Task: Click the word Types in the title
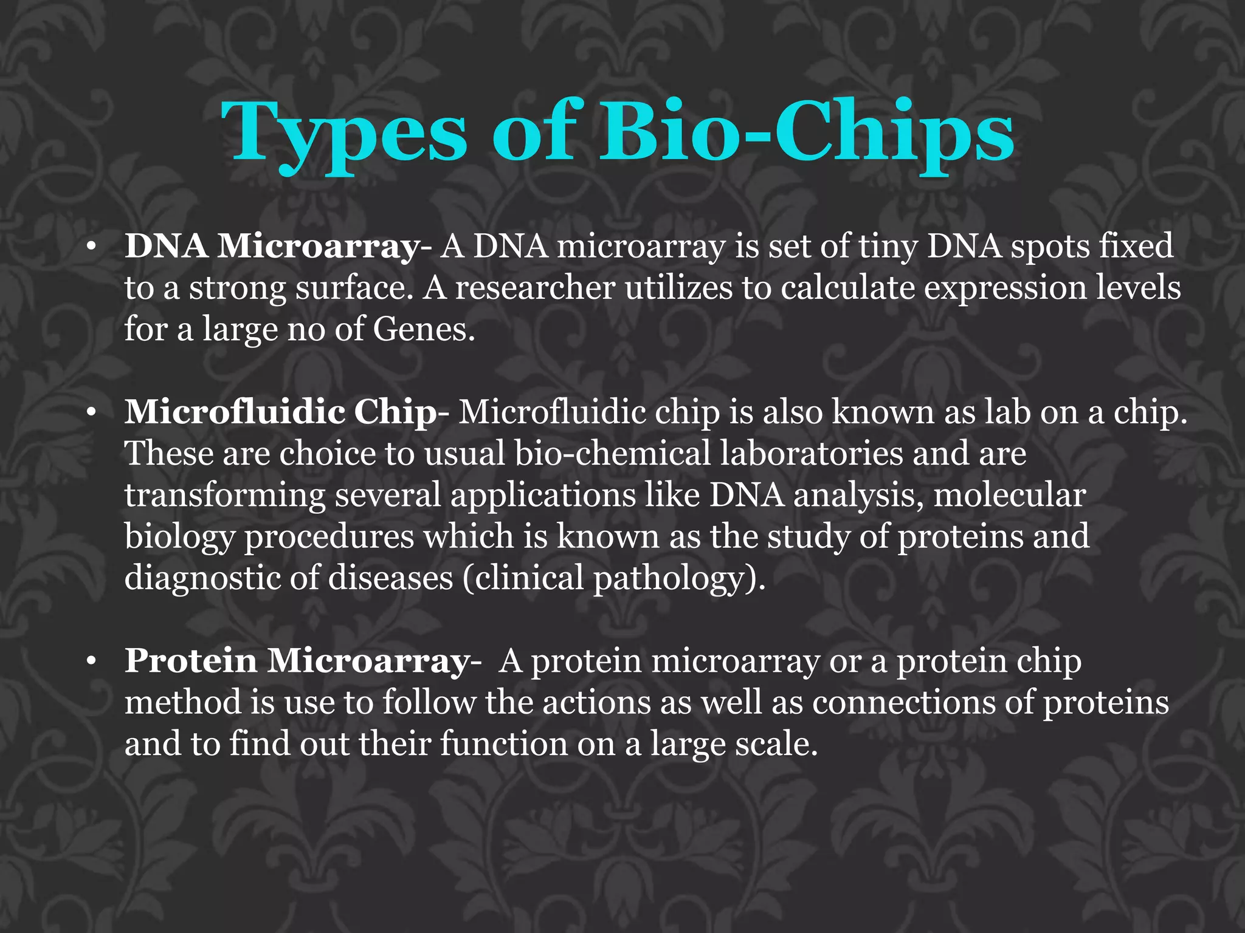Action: (344, 132)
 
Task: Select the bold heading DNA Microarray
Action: (272, 247)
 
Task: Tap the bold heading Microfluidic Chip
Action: (280, 412)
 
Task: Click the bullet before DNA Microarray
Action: (91, 248)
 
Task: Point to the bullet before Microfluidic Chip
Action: (91, 414)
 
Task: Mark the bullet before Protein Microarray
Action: (91, 662)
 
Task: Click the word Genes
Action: (423, 330)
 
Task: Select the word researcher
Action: (535, 289)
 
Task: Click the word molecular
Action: (1009, 495)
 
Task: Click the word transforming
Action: (225, 495)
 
